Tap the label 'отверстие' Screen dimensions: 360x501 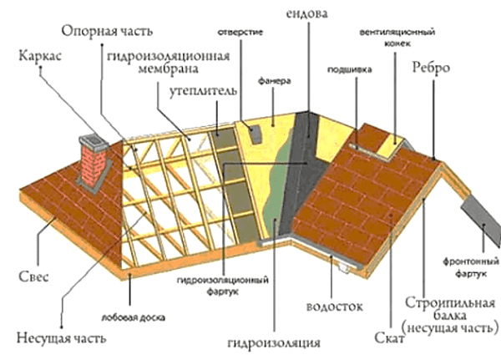[x=240, y=33]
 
